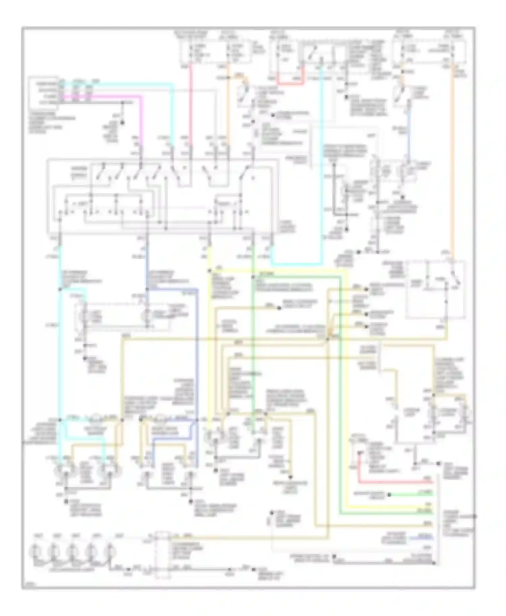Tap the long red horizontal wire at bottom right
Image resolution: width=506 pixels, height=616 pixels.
pos(395,483)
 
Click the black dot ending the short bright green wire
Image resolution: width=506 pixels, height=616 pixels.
pos(389,495)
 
